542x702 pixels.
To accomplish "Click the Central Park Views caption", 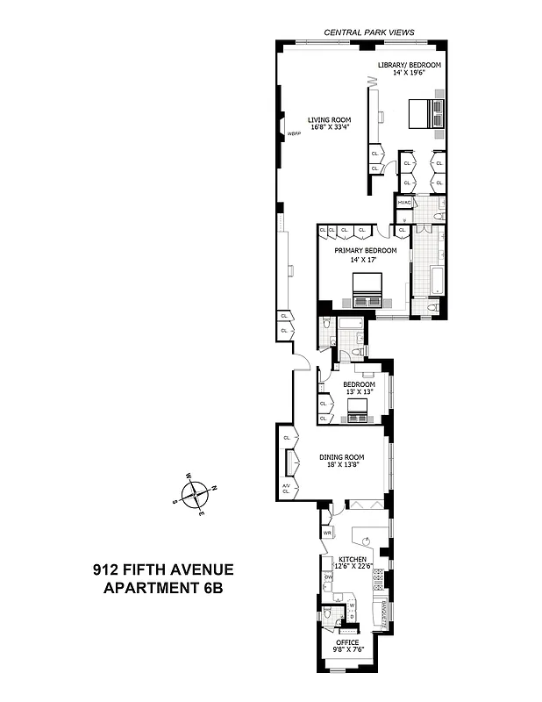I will [x=368, y=32].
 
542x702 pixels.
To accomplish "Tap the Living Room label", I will [x=329, y=119].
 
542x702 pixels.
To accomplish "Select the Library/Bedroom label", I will [x=409, y=66].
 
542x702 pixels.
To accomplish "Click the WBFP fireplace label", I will [x=293, y=134].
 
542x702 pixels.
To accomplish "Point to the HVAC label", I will [x=404, y=203].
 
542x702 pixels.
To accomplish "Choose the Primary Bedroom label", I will [x=365, y=250].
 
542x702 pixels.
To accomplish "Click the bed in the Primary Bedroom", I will [x=367, y=289].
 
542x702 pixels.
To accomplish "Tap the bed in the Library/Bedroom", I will [x=426, y=114].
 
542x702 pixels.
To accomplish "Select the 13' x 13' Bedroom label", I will [x=359, y=383].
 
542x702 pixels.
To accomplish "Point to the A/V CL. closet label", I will [x=286, y=489].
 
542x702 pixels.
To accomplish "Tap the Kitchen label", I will [x=353, y=558].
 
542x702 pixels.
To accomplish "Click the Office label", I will [x=347, y=642].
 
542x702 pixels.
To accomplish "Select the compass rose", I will [x=197, y=493].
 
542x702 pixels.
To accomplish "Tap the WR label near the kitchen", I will [x=327, y=532].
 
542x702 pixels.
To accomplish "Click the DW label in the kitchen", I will [x=327, y=577].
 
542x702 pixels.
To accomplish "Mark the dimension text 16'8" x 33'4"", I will [x=329, y=128].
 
